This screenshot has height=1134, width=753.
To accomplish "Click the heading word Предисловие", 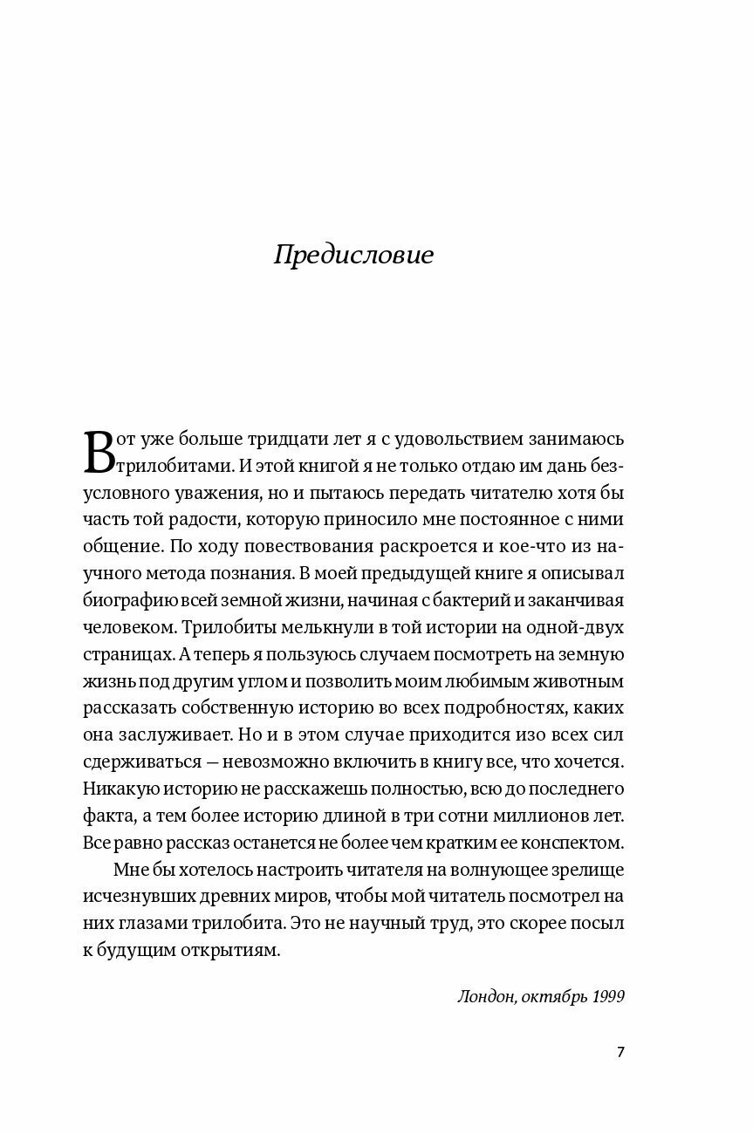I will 353,256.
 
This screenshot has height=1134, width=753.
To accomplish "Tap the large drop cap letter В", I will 99,451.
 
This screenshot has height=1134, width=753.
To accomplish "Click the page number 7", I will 620,1051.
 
